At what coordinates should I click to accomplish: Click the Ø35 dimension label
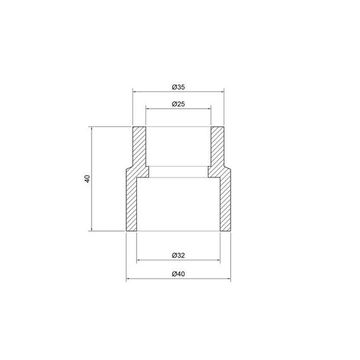[x=178, y=87]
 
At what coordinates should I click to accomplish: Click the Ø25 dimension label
[x=178, y=104]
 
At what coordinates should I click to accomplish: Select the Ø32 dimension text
[x=178, y=256]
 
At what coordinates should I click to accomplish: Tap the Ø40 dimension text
[x=178, y=273]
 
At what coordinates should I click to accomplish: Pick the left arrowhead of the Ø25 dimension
[x=148, y=109]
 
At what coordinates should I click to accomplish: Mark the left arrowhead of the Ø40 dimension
[x=129, y=279]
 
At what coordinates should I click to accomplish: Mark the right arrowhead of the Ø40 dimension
[x=228, y=279]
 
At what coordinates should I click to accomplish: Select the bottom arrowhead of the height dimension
[x=92, y=229]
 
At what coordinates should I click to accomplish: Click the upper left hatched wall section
[x=139, y=147]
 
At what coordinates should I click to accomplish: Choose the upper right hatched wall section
[x=218, y=147]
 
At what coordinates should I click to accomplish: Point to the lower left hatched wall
[x=133, y=202]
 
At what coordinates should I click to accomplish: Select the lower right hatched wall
[x=224, y=202]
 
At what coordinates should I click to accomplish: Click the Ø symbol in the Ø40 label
[x=174, y=273]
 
